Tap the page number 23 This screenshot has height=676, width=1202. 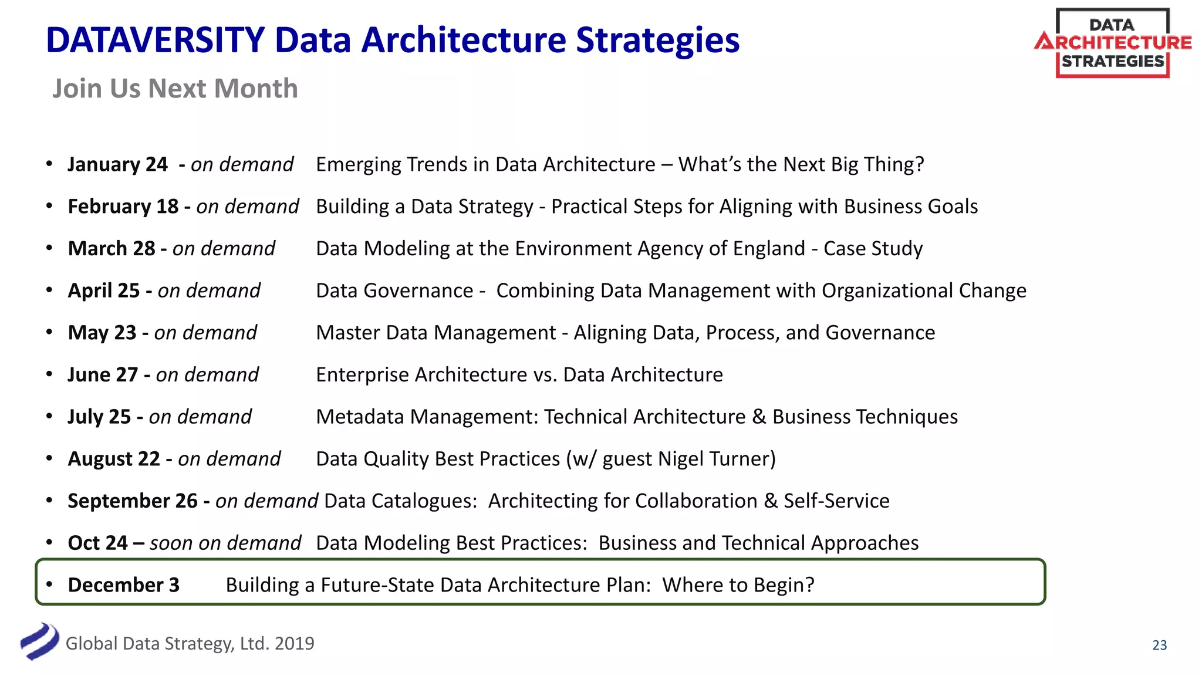tap(1159, 645)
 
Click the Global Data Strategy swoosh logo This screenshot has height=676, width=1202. tap(39, 641)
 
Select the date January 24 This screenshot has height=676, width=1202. tap(117, 165)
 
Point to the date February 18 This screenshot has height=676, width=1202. tap(123, 207)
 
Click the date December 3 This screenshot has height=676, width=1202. tap(123, 585)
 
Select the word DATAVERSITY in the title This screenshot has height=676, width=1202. tap(156, 40)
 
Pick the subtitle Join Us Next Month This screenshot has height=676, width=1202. tap(175, 89)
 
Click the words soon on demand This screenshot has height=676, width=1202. tap(225, 543)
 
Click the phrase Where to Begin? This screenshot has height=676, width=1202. tap(738, 585)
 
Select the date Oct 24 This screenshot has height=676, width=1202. tap(97, 543)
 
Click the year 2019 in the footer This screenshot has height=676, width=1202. tap(294, 644)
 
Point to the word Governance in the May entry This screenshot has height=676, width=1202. tap(880, 333)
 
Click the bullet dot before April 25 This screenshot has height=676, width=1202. tap(50, 290)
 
